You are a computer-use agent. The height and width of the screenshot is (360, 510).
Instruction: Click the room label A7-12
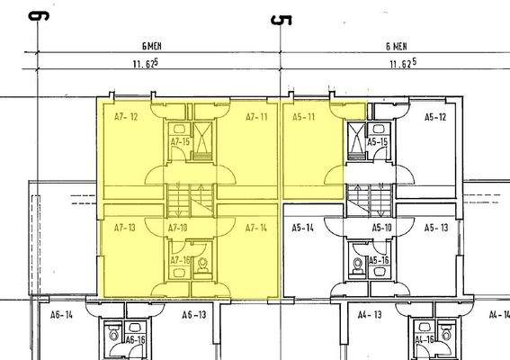[x=126, y=117]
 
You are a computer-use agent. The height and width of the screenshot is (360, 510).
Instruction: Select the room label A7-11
[x=256, y=117]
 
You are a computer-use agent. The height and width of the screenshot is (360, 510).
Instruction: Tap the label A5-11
[x=304, y=117]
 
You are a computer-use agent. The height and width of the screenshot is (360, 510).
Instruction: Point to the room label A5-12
[x=435, y=117]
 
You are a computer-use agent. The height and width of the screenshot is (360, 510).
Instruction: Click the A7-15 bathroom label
[x=180, y=142]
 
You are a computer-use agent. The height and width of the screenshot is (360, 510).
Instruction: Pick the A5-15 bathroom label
[x=377, y=142]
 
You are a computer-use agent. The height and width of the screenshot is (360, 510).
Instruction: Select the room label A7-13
[x=124, y=228]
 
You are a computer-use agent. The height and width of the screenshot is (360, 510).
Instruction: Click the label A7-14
[x=256, y=228]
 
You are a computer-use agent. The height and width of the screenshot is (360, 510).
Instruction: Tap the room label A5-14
[x=302, y=228]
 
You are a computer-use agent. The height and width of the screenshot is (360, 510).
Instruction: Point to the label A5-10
[x=382, y=228]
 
